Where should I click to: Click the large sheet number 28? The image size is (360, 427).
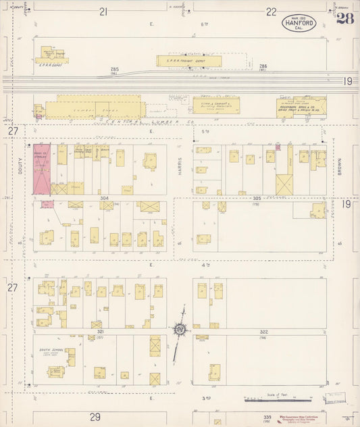(x=345, y=19)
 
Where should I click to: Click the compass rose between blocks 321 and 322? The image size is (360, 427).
(x=180, y=330)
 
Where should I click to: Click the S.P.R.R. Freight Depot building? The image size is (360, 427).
(x=189, y=61)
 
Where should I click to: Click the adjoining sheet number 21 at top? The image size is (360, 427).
(x=103, y=11)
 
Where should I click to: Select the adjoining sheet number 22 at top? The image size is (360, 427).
(x=271, y=11)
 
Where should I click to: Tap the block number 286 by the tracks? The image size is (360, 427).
(x=263, y=66)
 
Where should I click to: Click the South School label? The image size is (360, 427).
(x=49, y=351)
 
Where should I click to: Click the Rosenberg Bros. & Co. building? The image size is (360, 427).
(x=301, y=106)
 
